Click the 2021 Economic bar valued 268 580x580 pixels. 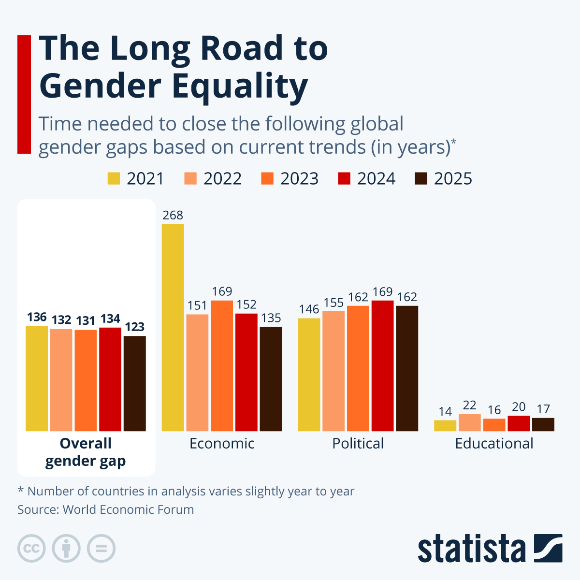[173, 327]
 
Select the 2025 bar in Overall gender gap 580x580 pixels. [134, 383]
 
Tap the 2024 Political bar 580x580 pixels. [382, 365]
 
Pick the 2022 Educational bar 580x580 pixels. [470, 422]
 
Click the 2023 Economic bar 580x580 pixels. [222, 365]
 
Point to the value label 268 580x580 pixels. [173, 215]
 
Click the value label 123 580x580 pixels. [134, 327]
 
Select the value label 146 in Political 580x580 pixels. [309, 309]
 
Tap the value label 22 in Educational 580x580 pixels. [470, 405]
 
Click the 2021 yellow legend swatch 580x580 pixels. [114, 178]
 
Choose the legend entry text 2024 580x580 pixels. [376, 178]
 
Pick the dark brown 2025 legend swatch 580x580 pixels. [421, 178]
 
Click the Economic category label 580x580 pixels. [222, 443]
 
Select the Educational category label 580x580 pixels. [494, 443]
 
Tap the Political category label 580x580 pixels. [358, 443]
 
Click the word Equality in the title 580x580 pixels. [240, 86]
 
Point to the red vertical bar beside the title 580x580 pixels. [24, 94]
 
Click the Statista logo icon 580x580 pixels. [548, 548]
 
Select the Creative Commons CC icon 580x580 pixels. [31, 549]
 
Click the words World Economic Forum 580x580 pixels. [128, 509]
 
